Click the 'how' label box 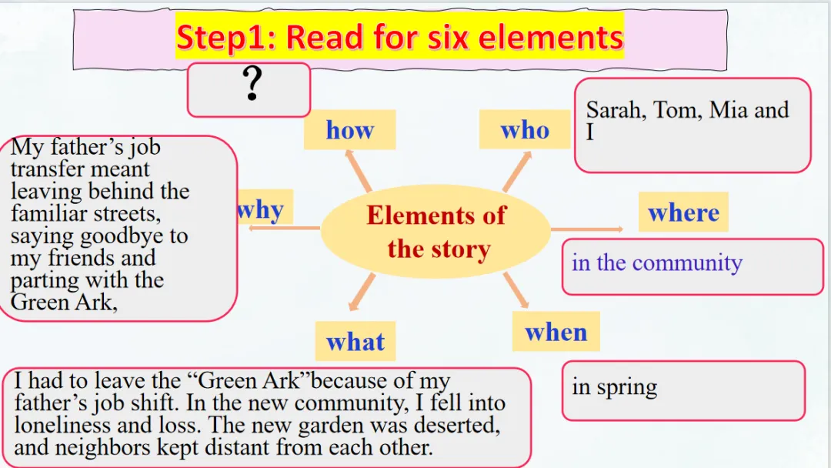point(349,130)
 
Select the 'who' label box point(525,130)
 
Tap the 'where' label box point(683,212)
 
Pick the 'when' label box point(556,332)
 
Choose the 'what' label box point(355,341)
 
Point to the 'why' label point(262,209)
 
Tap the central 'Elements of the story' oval point(436,232)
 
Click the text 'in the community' point(656,262)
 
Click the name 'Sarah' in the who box point(615,110)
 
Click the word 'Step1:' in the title point(224,37)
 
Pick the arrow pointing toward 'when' point(516,289)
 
